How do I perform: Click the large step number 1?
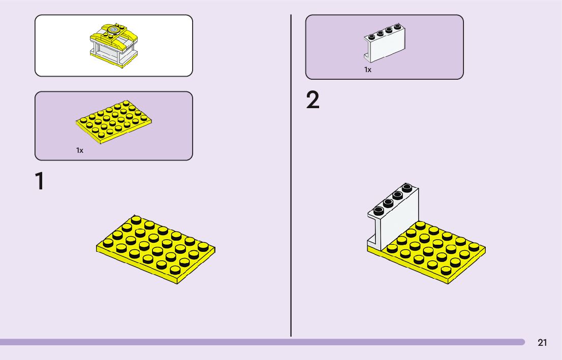39,182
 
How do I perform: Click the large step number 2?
313,101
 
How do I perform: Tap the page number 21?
542,343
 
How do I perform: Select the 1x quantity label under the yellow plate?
80,150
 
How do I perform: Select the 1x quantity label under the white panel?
368,70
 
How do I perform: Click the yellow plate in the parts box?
114,121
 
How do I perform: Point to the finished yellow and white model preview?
114,45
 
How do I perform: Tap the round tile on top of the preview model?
114,30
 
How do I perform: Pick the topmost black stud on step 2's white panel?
407,188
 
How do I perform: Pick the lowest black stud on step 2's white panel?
378,210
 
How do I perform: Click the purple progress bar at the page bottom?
262,342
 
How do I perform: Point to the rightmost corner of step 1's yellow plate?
214,249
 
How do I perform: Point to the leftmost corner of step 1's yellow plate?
97,248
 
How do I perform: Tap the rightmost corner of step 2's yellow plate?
485,249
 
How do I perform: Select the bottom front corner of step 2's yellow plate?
447,282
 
